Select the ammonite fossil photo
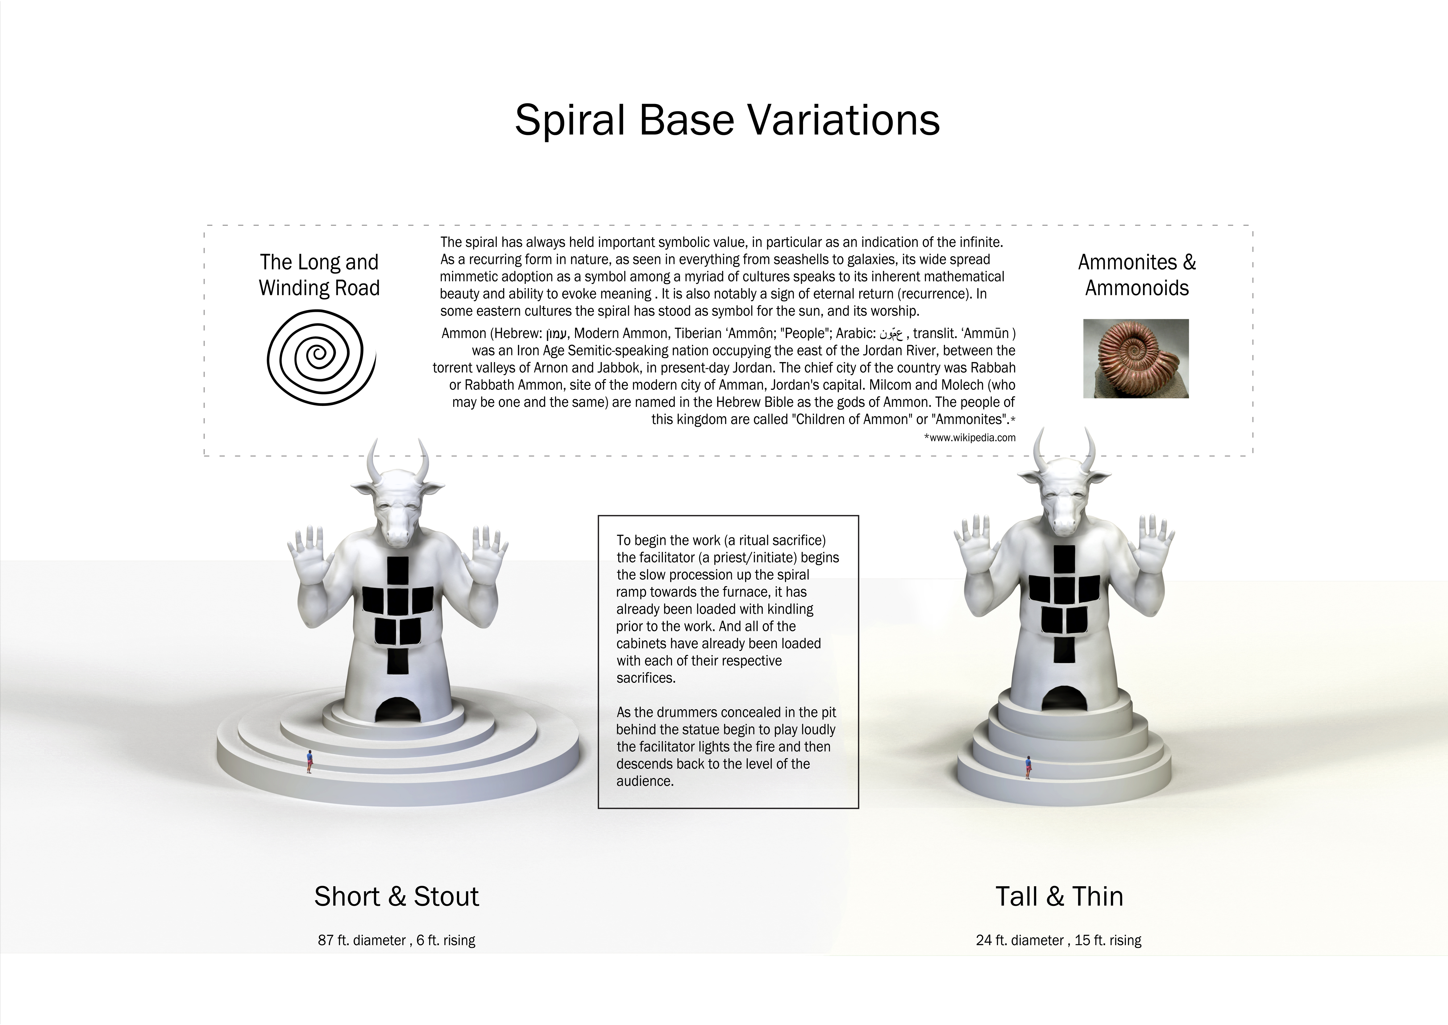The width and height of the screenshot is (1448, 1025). point(1136,359)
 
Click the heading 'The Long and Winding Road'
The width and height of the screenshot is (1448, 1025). point(319,275)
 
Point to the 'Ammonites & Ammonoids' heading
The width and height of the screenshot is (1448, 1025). point(1136,275)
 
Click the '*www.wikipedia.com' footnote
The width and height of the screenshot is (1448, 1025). point(970,437)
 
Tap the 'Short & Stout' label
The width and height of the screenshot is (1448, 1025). point(397,896)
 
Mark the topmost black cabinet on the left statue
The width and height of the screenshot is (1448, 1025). point(397,571)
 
